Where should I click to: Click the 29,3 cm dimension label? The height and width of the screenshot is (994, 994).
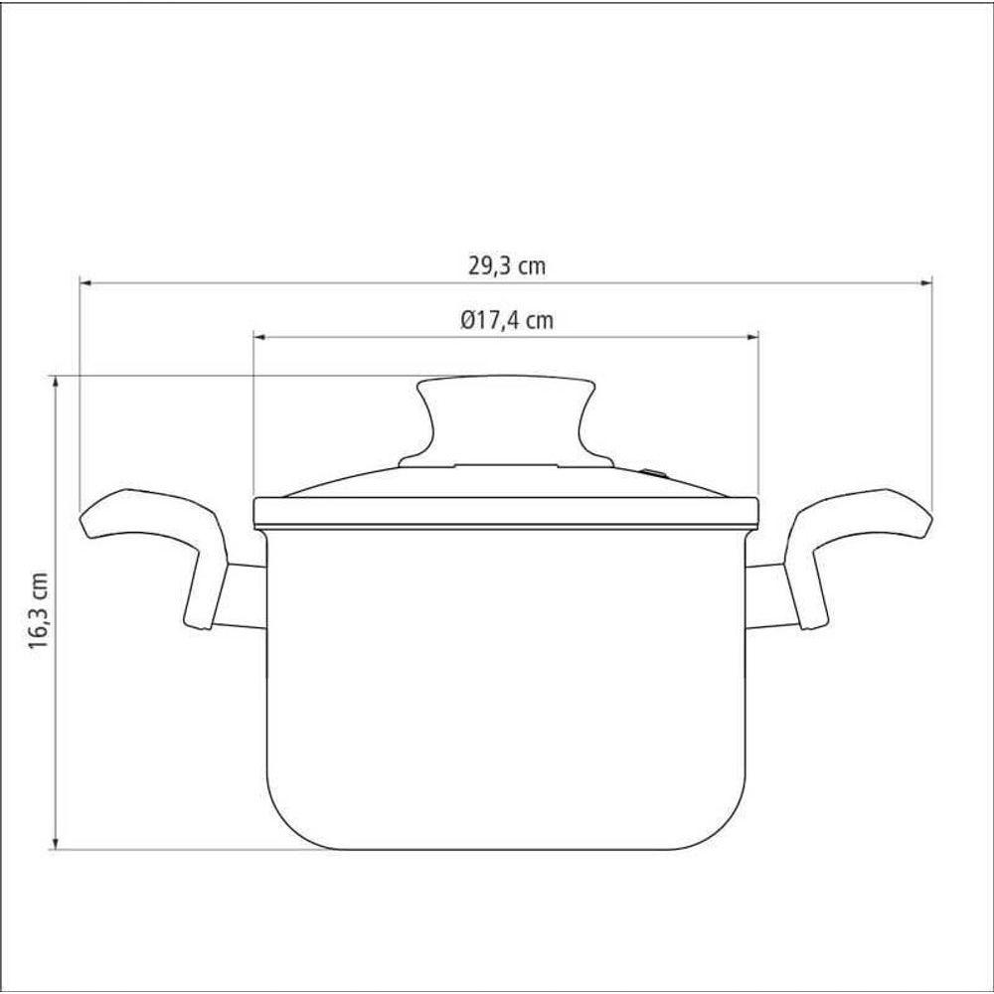point(507,265)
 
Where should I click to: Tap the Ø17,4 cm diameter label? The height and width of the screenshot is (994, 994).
point(507,320)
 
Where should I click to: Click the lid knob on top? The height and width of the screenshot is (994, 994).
point(506,421)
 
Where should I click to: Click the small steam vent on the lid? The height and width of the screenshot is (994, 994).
point(653,472)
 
